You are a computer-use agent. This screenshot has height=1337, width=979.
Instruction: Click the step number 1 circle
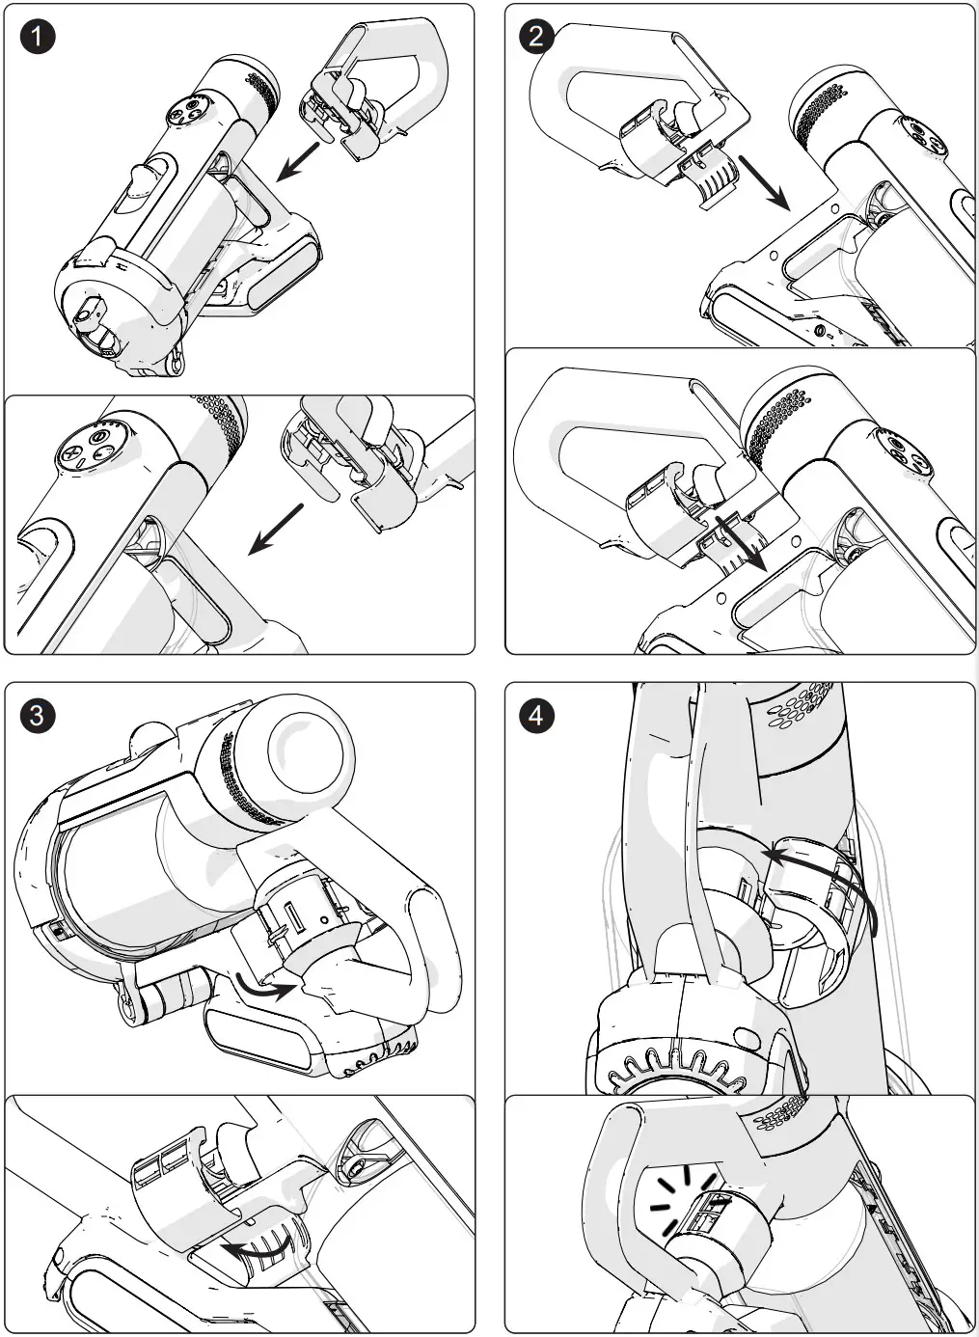pos(38,38)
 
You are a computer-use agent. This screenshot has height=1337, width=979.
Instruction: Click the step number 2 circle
pos(537,38)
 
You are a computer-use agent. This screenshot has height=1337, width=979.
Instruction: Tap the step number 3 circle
pos(38,716)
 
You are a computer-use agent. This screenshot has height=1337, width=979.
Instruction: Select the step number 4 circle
pos(537,716)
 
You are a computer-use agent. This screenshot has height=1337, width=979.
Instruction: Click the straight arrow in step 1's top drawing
pos(298,161)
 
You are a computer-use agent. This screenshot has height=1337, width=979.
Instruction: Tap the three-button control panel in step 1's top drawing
pos(188,112)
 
